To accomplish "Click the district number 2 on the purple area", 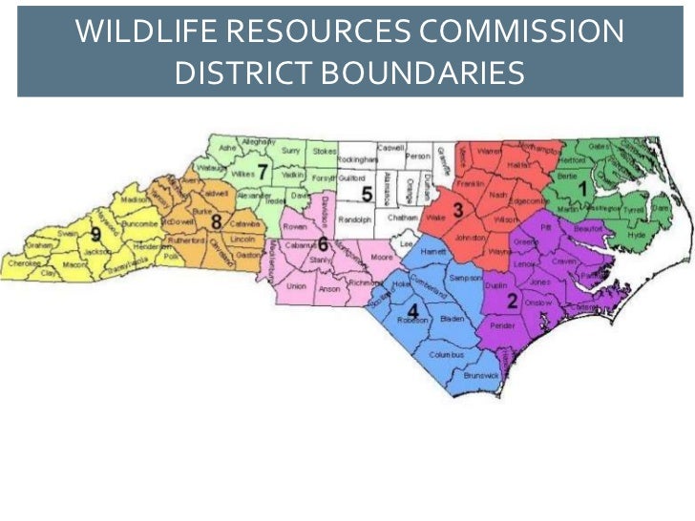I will click(x=512, y=302).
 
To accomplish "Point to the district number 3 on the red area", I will click(x=457, y=210).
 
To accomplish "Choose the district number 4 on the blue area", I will click(x=412, y=312).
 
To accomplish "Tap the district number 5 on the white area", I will click(x=366, y=196).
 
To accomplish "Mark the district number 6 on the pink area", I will click(x=323, y=243).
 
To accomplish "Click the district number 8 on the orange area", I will click(x=217, y=222).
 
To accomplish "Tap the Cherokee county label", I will click(x=22, y=262).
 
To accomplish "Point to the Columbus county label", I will click(x=446, y=354).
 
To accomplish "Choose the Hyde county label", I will click(x=637, y=234).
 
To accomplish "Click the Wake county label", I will click(x=436, y=219).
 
